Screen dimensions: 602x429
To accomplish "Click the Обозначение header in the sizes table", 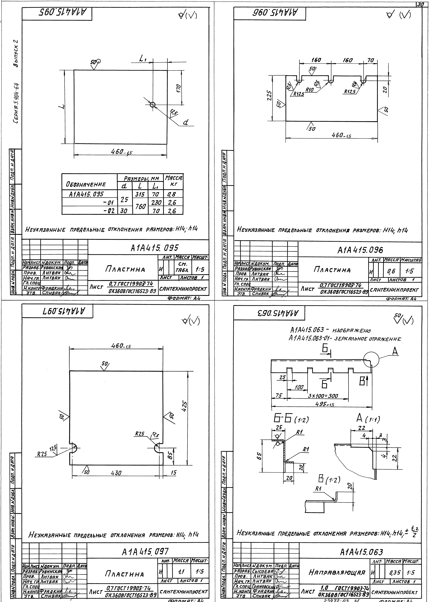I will (x=86, y=184).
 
